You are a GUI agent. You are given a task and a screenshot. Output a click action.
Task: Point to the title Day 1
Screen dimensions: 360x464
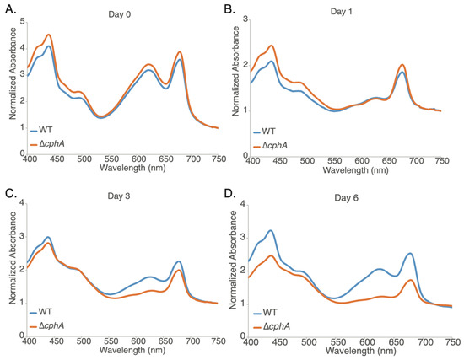click(348, 11)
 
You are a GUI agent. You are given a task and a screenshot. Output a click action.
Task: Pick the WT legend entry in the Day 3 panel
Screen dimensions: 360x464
click(49, 315)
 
